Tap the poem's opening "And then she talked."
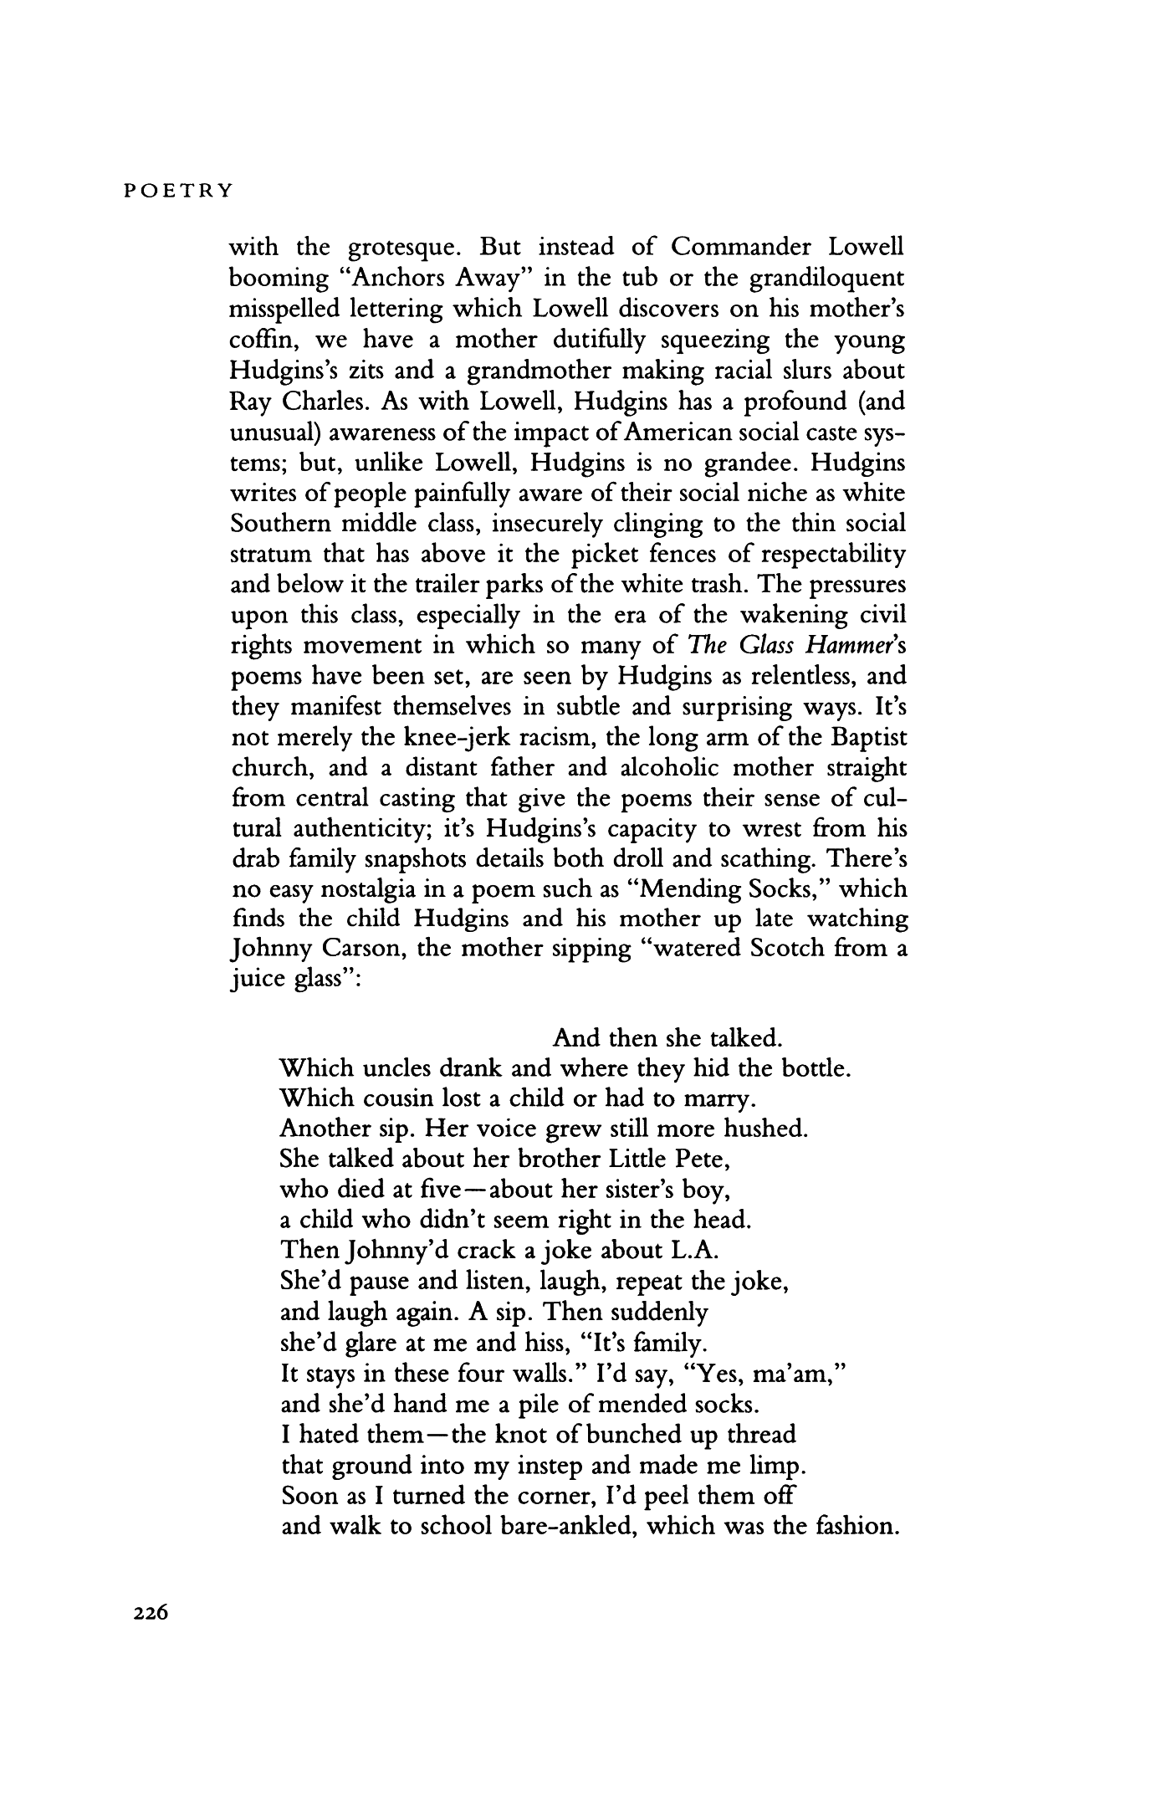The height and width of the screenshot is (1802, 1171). [x=667, y=1039]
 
